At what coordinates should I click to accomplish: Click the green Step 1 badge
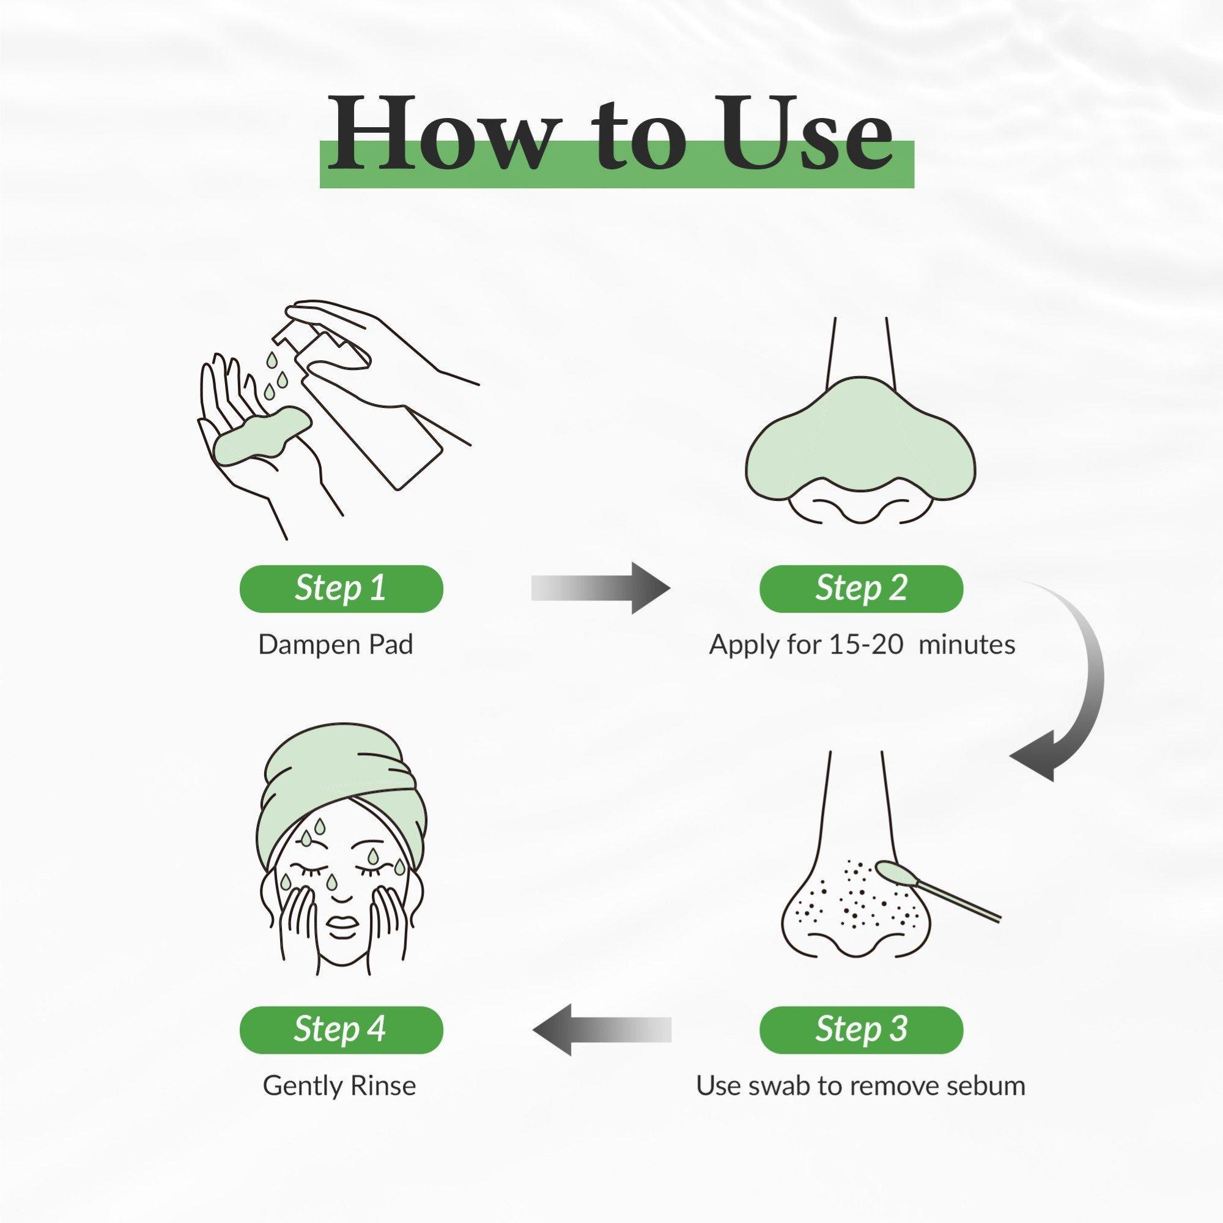[341, 589]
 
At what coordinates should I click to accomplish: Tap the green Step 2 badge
[861, 589]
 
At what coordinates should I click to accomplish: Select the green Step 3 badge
[861, 1030]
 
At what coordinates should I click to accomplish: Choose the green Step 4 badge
[341, 1030]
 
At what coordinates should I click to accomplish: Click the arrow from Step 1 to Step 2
[600, 588]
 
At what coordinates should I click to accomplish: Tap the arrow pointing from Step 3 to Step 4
[601, 1030]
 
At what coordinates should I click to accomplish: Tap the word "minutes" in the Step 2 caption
[967, 645]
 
